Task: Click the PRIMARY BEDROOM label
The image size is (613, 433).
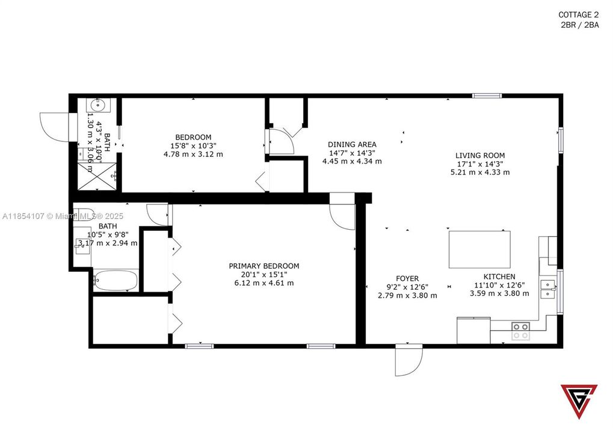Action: (263, 266)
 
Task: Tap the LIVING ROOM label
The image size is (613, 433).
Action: (480, 155)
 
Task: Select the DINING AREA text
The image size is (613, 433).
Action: (352, 144)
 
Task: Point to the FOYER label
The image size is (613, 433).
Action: (407, 278)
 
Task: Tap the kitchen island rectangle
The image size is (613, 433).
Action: (479, 250)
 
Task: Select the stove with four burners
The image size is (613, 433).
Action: (520, 330)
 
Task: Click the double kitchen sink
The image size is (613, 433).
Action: (548, 289)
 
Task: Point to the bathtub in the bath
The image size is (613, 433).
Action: (116, 280)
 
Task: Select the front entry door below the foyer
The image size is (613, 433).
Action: (408, 361)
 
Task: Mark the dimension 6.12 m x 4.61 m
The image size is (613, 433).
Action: (263, 283)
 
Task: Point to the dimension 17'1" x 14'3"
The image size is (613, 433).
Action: (480, 164)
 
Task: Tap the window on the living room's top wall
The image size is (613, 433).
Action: (487, 95)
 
